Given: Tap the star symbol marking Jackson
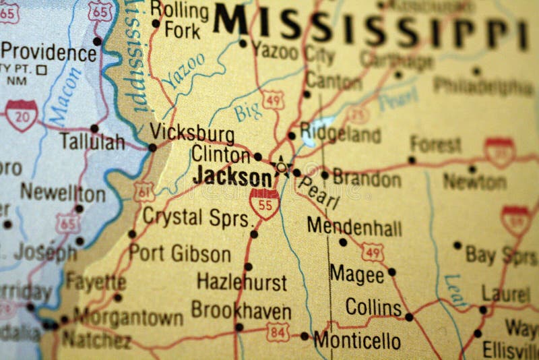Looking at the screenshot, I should (x=280, y=166).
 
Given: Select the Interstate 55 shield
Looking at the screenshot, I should (x=264, y=204).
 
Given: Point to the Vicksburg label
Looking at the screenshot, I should (x=192, y=131).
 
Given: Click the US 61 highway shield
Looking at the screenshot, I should (x=143, y=191).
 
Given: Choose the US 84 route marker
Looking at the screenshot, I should (x=277, y=332).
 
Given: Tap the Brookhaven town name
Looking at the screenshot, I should (x=241, y=311).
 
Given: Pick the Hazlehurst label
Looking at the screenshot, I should (x=241, y=281).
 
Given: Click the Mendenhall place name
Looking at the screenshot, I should (x=354, y=227).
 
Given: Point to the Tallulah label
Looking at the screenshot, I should (x=92, y=142).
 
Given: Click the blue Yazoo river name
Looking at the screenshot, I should (x=185, y=71).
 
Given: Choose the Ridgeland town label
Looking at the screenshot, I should (x=340, y=133).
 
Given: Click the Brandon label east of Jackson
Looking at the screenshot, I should (x=367, y=179).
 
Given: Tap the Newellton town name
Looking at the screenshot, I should (x=62, y=193).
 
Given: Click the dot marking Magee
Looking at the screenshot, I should (x=391, y=272).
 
